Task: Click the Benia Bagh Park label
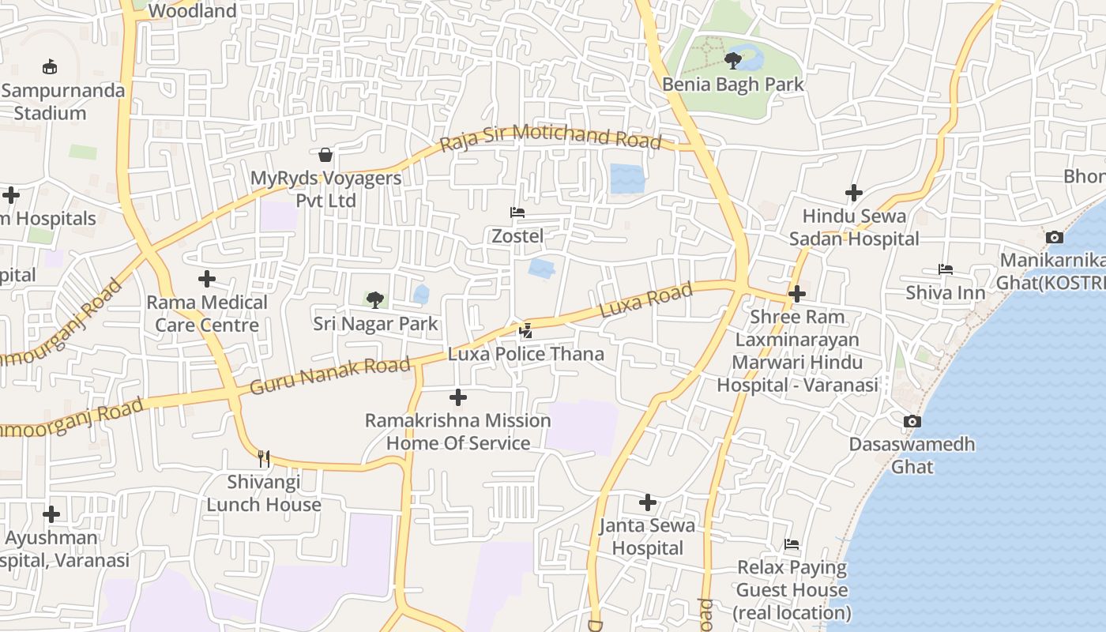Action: click(x=733, y=85)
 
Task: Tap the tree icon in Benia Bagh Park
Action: click(x=733, y=59)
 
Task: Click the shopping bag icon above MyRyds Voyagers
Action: click(x=325, y=154)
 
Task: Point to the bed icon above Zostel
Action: click(x=517, y=213)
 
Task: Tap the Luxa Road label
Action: click(x=646, y=300)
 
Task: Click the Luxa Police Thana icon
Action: click(x=526, y=331)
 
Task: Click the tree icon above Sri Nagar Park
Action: click(x=375, y=299)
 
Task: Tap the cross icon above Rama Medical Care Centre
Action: click(x=207, y=279)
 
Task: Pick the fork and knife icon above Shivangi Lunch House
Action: click(x=264, y=458)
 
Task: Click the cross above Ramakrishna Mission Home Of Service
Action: click(x=458, y=397)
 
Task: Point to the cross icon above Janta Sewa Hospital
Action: click(x=648, y=502)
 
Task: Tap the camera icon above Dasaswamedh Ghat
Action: click(x=912, y=422)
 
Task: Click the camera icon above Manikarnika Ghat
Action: click(x=1054, y=237)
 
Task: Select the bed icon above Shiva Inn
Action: click(x=946, y=270)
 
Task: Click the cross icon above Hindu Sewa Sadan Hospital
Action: click(x=854, y=193)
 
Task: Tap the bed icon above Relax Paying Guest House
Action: click(x=792, y=544)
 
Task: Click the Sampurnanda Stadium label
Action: click(x=63, y=101)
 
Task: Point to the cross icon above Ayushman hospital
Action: click(x=51, y=515)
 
